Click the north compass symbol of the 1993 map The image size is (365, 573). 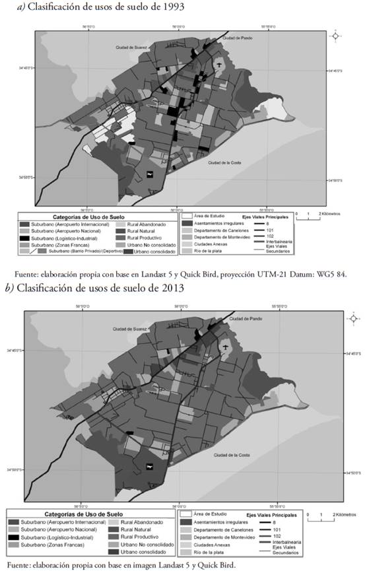(335, 36)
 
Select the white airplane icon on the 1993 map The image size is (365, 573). (151, 174)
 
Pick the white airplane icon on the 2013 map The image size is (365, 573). (150, 467)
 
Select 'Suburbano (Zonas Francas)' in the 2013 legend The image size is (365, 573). (59, 544)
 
